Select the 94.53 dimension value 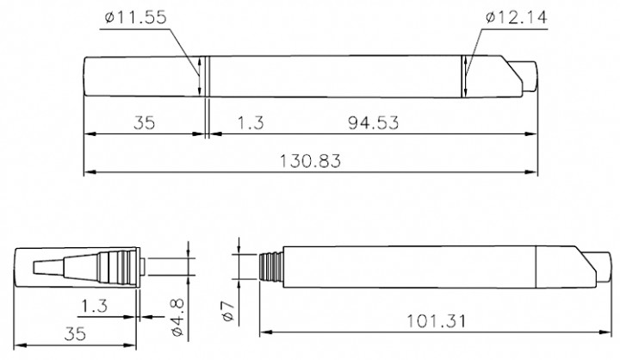point(373,123)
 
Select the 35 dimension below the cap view point(75,332)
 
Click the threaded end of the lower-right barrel point(271,264)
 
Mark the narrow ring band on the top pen point(207,78)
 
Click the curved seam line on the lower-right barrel point(538,265)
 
